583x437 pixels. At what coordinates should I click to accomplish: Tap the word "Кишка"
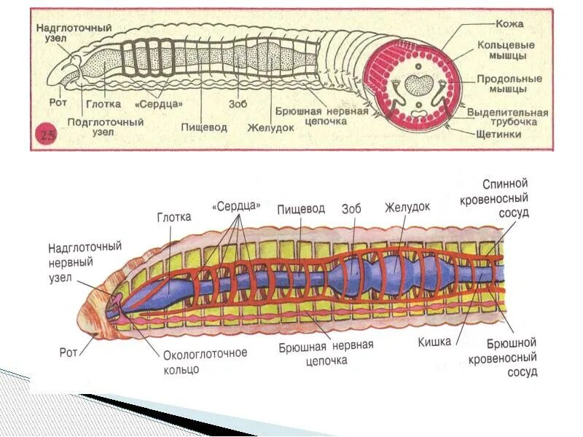[434, 341]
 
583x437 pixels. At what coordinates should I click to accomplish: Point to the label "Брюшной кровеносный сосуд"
[512, 358]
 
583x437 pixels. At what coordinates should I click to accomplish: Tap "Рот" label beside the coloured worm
[69, 353]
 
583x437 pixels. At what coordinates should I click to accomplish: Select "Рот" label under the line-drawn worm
[58, 103]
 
